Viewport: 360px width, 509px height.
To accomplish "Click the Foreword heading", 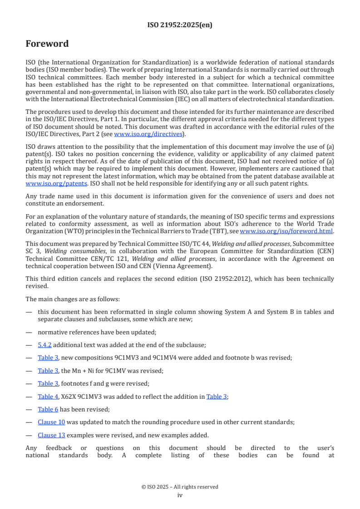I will (x=47, y=44).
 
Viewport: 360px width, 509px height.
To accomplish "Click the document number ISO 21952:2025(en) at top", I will (x=180, y=25).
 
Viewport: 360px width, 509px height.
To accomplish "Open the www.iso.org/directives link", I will (x=148, y=134).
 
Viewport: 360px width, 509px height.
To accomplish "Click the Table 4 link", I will (x=48, y=396).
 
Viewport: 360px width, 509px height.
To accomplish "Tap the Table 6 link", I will (x=48, y=409).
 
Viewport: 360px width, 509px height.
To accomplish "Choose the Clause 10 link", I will (x=51, y=422).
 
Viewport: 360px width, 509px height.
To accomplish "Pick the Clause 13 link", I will (x=51, y=435).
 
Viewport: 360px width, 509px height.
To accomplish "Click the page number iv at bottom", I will (x=180, y=495).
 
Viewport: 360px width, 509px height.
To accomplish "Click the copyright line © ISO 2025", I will (x=180, y=487).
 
